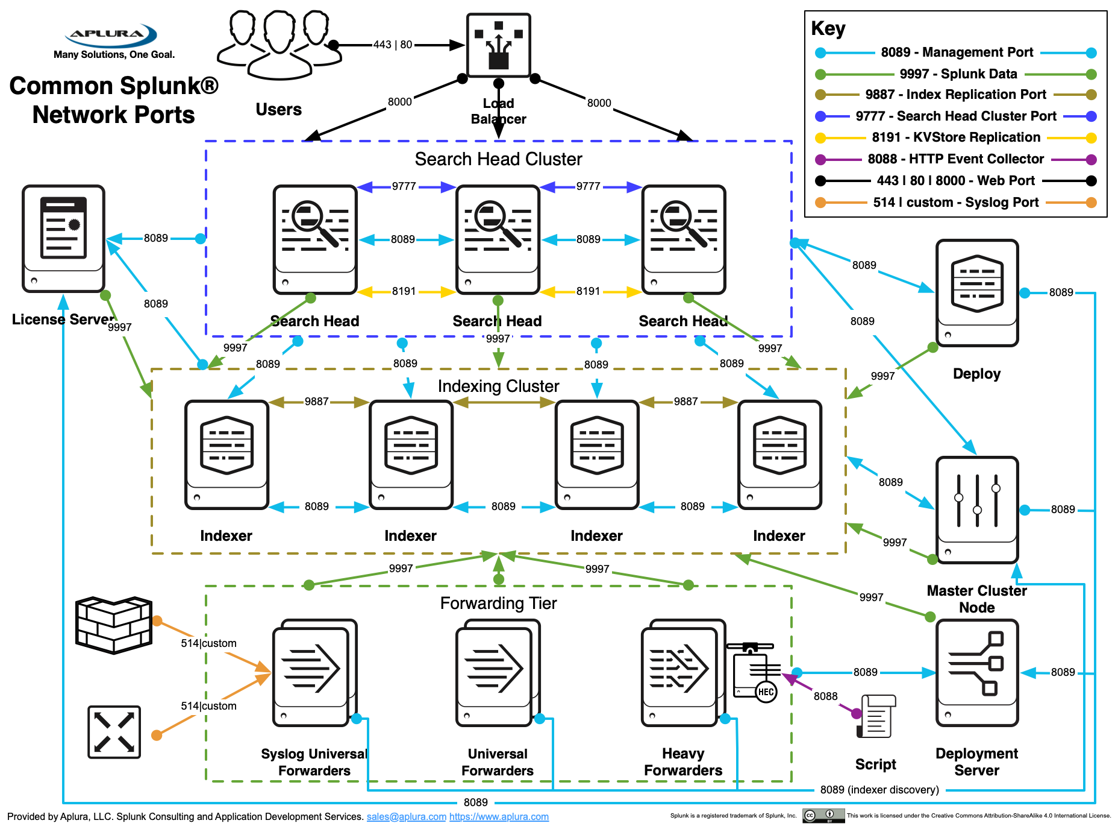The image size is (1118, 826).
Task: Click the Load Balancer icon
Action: [x=498, y=45]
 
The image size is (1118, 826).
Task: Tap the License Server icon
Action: [x=63, y=238]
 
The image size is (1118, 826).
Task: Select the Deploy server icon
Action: [x=976, y=292]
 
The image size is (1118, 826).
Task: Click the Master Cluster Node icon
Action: [x=976, y=509]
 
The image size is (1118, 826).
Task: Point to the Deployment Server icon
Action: [x=976, y=672]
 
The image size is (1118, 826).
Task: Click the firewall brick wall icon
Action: [x=113, y=625]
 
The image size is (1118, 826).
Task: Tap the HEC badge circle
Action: [x=766, y=692]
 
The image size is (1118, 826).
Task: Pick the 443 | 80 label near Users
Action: [x=393, y=45]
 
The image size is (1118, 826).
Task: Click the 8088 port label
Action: [x=825, y=696]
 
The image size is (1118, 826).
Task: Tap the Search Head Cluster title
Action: [x=498, y=159]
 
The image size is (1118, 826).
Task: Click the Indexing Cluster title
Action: [x=498, y=386]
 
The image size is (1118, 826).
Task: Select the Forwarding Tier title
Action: [x=498, y=603]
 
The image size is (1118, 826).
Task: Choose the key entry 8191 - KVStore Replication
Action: [x=956, y=137]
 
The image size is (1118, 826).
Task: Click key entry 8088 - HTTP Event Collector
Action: [x=956, y=159]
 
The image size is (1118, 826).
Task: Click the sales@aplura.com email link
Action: [x=406, y=816]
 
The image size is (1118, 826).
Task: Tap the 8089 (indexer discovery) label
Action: [x=879, y=790]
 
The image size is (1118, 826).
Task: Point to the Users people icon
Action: [x=279, y=45]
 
